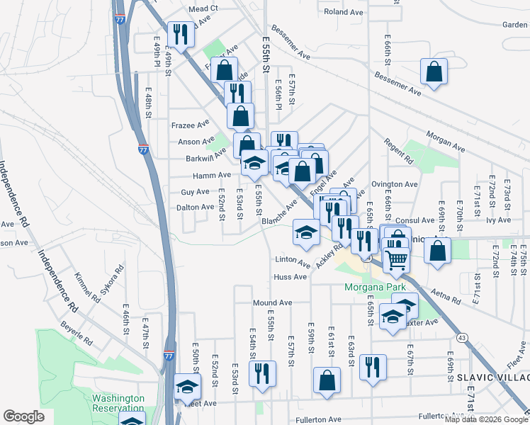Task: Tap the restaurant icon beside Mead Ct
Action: [x=179, y=33]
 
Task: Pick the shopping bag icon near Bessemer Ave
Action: [x=434, y=72]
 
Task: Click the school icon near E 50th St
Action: [x=187, y=387]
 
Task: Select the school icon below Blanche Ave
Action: [x=305, y=232]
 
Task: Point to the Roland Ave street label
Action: [x=343, y=13]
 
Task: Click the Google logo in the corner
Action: [x=23, y=416]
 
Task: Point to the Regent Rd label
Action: [x=399, y=156]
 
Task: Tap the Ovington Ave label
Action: [x=395, y=184]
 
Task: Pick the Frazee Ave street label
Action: [x=191, y=125]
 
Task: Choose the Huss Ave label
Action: [x=291, y=277]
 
